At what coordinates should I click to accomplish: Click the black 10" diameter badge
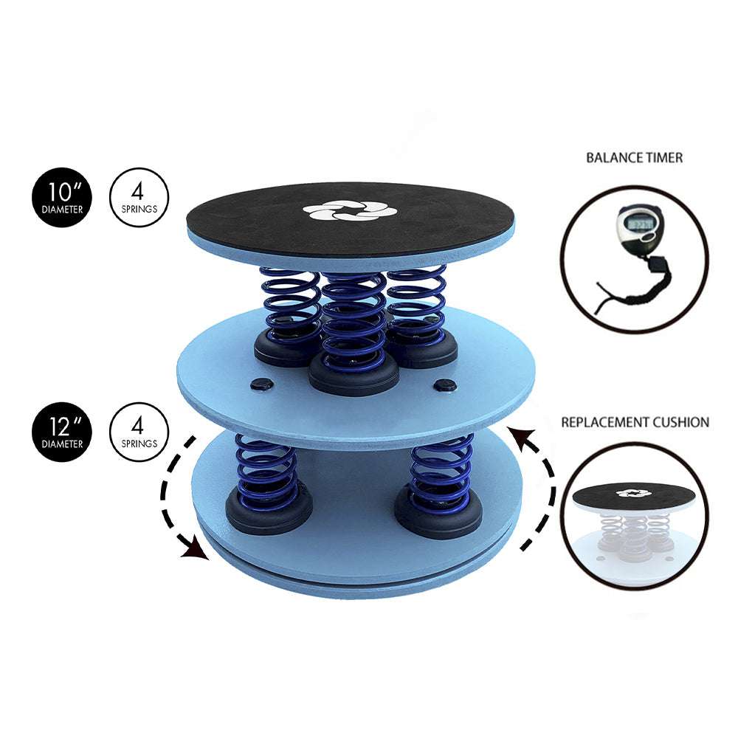tap(62, 198)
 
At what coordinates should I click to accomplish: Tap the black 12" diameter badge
tap(62, 432)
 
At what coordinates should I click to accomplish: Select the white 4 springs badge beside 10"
tap(139, 198)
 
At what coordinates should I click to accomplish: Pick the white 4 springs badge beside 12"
tap(139, 432)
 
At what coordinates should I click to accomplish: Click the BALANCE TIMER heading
tap(634, 158)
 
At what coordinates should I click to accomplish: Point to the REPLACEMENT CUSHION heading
tap(635, 422)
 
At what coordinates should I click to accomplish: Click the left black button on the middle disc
tap(262, 384)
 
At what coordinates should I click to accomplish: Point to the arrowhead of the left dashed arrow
tap(196, 551)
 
